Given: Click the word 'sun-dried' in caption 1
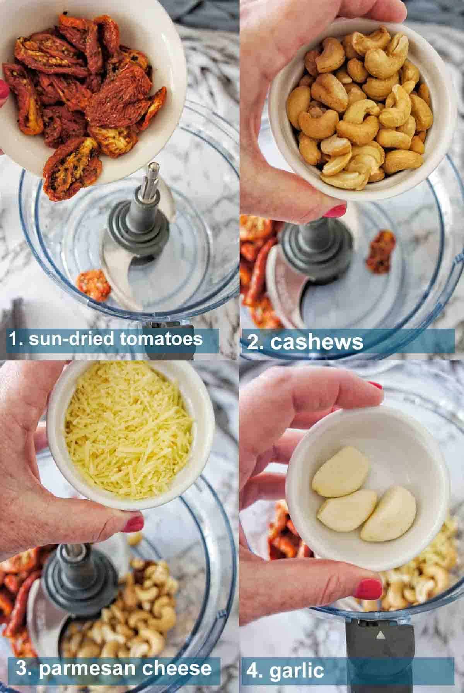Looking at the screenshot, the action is (x=71, y=339).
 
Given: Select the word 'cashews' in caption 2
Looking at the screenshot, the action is (x=317, y=342).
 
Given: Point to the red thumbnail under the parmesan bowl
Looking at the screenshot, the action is (x=133, y=524).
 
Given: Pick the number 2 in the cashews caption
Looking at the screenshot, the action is (x=254, y=342).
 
